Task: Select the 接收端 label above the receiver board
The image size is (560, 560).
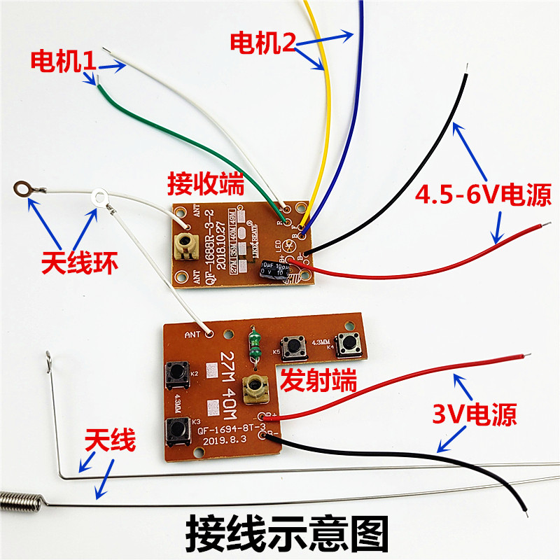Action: click(205, 184)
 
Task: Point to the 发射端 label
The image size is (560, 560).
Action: click(318, 381)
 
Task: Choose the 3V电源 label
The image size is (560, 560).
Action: click(474, 415)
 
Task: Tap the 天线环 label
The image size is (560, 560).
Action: click(80, 264)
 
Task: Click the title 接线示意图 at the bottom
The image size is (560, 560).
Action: click(286, 534)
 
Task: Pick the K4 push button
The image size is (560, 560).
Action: click(348, 342)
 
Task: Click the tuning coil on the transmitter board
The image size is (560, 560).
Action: click(253, 389)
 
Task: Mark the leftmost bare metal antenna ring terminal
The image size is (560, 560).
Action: click(23, 188)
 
